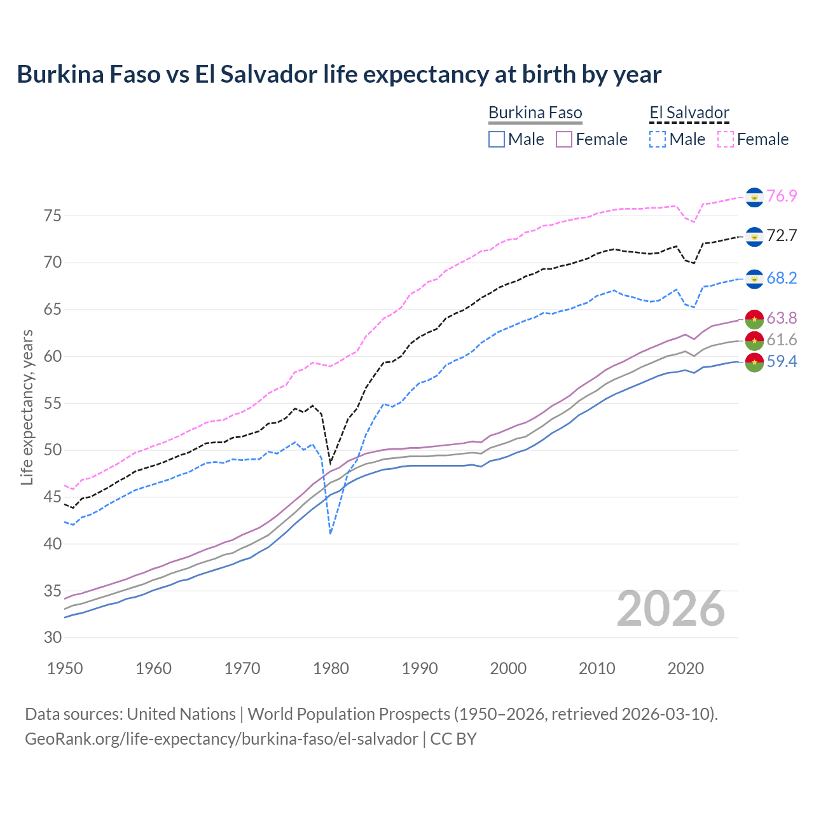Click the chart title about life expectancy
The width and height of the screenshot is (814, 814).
pyautogui.click(x=339, y=74)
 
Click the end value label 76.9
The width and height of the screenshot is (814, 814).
pyautogui.click(x=782, y=196)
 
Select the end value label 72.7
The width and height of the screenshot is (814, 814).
pyautogui.click(x=782, y=236)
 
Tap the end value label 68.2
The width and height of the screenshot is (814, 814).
pyautogui.click(x=782, y=278)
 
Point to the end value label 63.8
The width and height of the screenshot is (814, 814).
pyautogui.click(x=782, y=318)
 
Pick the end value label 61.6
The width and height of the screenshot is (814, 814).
pyautogui.click(x=782, y=340)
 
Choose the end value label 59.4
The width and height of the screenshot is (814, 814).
pyautogui.click(x=782, y=362)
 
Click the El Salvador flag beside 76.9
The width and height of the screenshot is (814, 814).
pyautogui.click(x=754, y=197)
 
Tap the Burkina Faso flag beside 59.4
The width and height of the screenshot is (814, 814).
pyautogui.click(x=754, y=363)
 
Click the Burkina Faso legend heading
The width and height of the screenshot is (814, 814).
pyautogui.click(x=535, y=113)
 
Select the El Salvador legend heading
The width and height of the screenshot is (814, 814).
pyautogui.click(x=689, y=113)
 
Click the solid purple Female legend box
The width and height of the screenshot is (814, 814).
pyautogui.click(x=564, y=139)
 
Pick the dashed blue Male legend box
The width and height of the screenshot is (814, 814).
pyautogui.click(x=658, y=139)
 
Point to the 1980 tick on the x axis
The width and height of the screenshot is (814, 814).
pyautogui.click(x=331, y=668)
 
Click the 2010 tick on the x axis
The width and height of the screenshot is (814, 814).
pyautogui.click(x=597, y=668)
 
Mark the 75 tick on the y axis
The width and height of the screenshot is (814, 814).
pyautogui.click(x=53, y=216)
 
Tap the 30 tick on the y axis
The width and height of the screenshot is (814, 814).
pyautogui.click(x=53, y=638)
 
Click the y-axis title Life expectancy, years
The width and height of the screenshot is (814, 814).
pyautogui.click(x=27, y=407)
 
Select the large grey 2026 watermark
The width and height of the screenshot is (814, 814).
pyautogui.click(x=671, y=609)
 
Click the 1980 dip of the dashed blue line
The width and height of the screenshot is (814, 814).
pyautogui.click(x=331, y=533)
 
